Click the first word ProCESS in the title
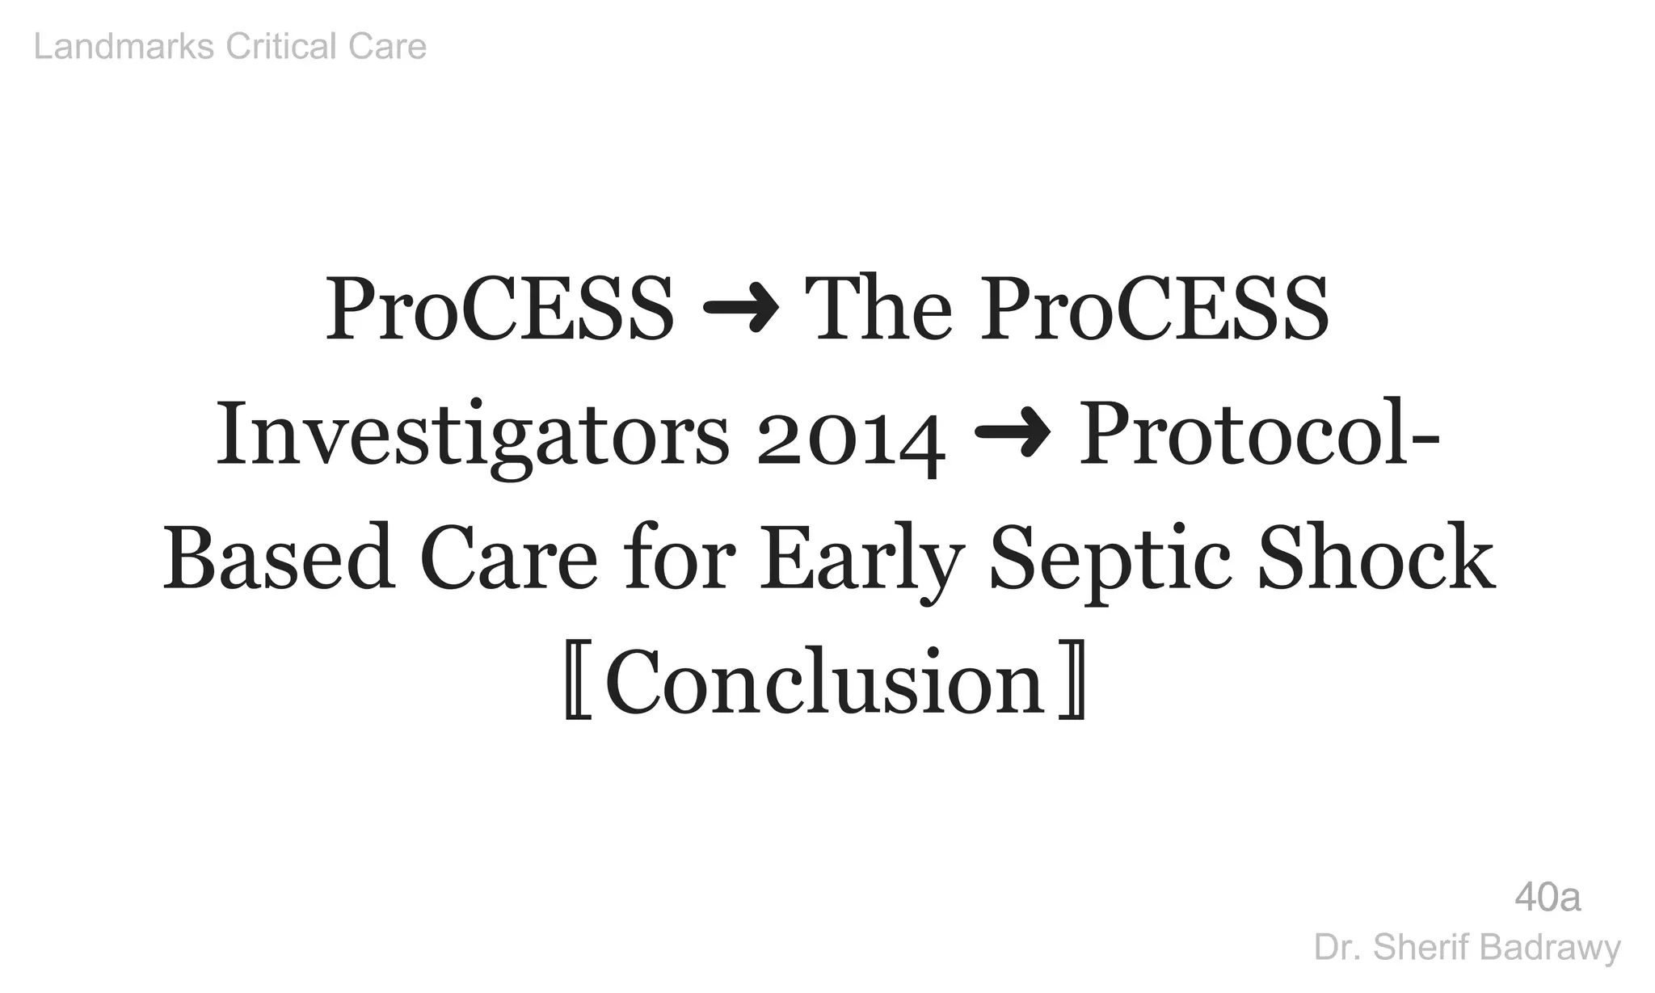499,310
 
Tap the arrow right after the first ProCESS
740,310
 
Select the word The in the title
883,310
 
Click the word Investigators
473,435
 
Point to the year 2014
851,437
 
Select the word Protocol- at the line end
1259,435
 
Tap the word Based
280,559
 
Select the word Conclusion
825,684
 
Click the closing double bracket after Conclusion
1072,684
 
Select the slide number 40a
1548,898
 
